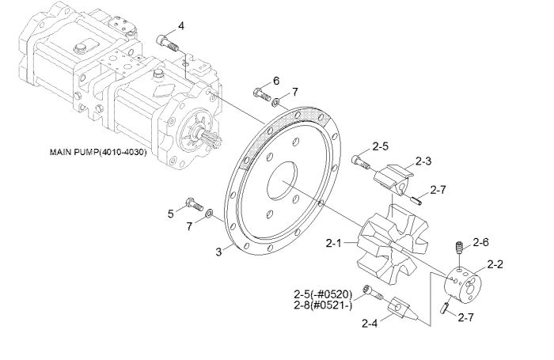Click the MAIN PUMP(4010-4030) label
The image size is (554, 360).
(98, 152)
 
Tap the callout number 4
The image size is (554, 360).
(181, 26)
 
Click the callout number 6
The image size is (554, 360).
(276, 81)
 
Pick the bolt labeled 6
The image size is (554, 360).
(262, 93)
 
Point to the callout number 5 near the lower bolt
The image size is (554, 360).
(171, 214)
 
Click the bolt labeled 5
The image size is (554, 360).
(195, 203)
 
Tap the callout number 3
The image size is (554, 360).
(219, 252)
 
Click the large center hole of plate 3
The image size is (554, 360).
(282, 180)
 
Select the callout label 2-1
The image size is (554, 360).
(334, 243)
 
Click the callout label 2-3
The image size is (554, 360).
(423, 161)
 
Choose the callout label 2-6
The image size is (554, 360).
(481, 242)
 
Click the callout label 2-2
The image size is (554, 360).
(495, 264)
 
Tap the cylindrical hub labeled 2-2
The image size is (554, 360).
(463, 285)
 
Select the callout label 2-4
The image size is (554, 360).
(370, 324)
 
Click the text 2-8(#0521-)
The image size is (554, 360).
(323, 305)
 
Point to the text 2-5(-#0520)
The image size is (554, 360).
(323, 294)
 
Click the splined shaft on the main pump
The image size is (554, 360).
(211, 138)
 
